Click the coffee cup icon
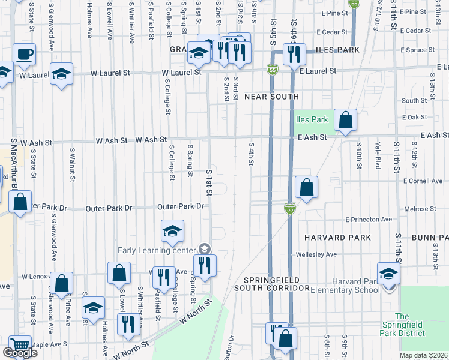[x=24, y=54]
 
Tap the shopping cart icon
[x=20, y=346]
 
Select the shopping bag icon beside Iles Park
[x=345, y=120]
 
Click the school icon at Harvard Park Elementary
[x=388, y=274]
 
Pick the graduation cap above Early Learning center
[x=172, y=231]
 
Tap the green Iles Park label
[x=312, y=119]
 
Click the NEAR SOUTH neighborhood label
[x=271, y=96]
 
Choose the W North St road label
[x=196, y=313]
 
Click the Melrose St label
[x=420, y=209]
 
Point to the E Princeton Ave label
[x=368, y=220]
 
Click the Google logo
[x=20, y=353]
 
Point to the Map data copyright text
[x=423, y=355]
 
